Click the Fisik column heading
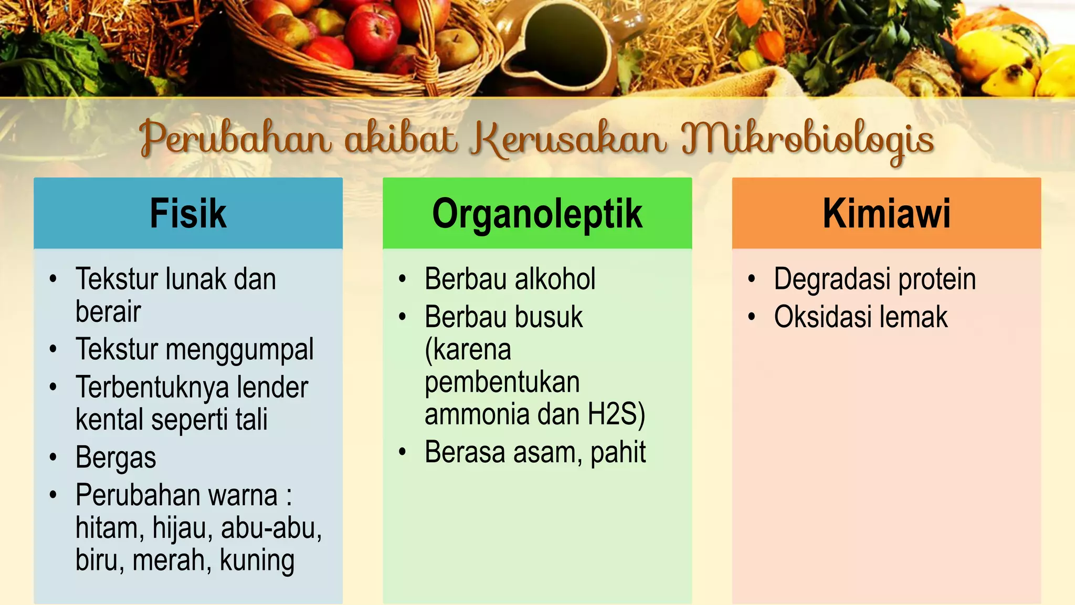(188, 214)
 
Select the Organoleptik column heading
(537, 214)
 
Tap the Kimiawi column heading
(886, 214)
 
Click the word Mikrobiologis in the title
(807, 140)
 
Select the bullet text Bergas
(116, 457)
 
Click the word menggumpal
(239, 350)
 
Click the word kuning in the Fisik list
(257, 560)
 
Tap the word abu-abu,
(271, 528)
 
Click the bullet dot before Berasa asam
(403, 452)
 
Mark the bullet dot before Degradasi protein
(752, 279)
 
